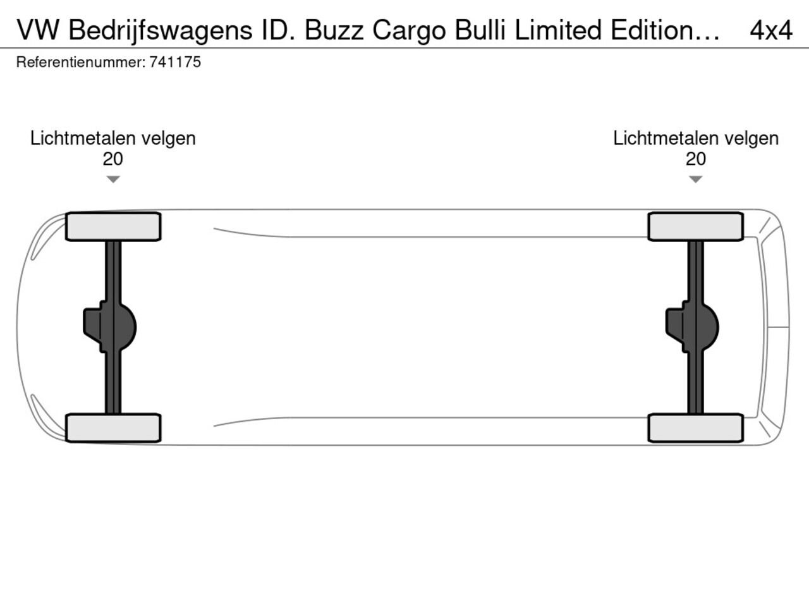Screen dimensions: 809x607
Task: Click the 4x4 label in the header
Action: click(771, 30)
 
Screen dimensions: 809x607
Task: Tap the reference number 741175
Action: click(175, 63)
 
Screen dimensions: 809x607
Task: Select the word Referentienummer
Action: click(81, 63)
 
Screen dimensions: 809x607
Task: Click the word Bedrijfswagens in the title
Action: click(161, 31)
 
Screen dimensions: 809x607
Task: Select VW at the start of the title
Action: click(37, 30)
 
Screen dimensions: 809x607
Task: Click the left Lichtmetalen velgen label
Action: click(113, 139)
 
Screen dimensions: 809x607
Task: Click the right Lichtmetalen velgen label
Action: click(696, 139)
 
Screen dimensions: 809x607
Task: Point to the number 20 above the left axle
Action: click(113, 159)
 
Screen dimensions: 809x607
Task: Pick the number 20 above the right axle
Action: click(696, 159)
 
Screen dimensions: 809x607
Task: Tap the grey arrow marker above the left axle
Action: click(113, 179)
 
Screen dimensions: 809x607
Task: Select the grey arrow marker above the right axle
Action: click(695, 179)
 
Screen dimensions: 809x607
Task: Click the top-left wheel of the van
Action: click(113, 226)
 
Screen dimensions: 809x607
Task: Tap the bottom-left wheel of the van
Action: click(113, 428)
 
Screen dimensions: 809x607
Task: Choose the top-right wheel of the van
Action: click(696, 226)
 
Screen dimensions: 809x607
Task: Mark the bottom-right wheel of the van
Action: click(696, 428)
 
